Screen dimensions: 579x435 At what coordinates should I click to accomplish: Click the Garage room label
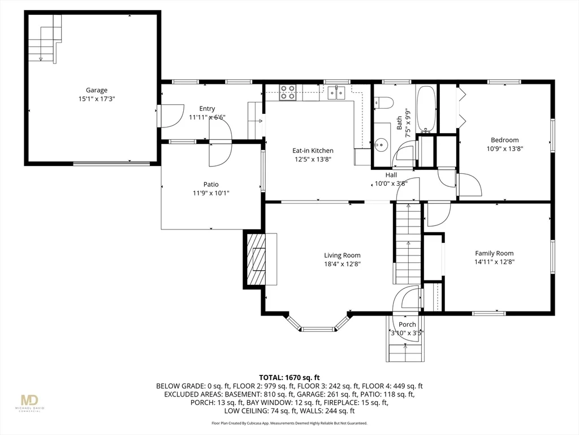(x=97, y=90)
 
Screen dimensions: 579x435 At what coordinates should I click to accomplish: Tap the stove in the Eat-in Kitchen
(x=288, y=92)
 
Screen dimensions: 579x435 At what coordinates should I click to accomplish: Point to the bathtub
(x=426, y=109)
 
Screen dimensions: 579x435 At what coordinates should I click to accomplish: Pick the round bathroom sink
(x=381, y=144)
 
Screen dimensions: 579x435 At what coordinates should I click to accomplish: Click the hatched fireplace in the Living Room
(x=254, y=259)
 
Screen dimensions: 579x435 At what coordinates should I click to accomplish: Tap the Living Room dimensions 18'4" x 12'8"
(x=342, y=264)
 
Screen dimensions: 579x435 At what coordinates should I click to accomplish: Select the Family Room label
(x=494, y=253)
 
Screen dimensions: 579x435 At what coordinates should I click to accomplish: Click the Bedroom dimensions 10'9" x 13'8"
(x=505, y=149)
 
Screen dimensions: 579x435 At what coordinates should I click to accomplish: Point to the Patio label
(x=211, y=184)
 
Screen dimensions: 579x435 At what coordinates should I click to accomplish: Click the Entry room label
(x=207, y=109)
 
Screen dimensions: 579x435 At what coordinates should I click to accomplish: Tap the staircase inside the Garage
(x=45, y=38)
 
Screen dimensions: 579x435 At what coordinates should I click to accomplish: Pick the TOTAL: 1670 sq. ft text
(x=289, y=378)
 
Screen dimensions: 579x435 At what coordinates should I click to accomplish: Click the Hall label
(x=391, y=175)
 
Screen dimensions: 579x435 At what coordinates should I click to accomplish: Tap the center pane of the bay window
(x=318, y=329)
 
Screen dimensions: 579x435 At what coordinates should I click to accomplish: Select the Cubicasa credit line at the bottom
(x=289, y=423)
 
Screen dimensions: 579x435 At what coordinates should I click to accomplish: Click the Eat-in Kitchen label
(x=313, y=151)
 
